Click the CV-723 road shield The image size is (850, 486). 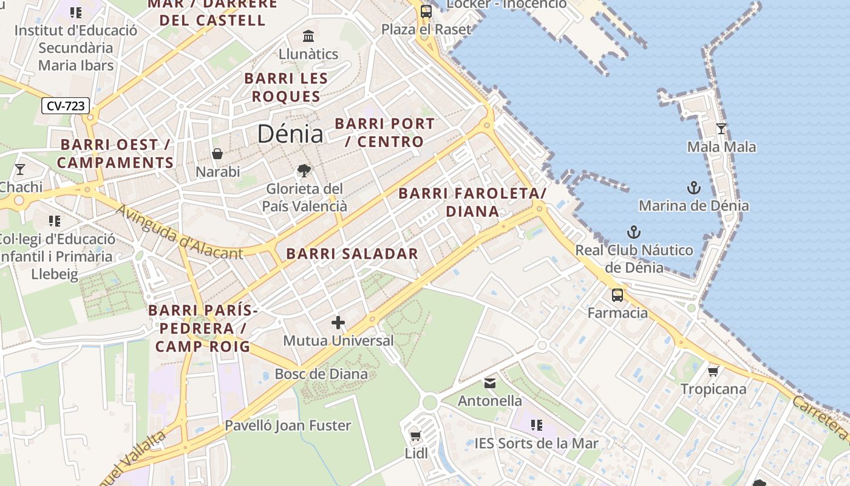pyautogui.click(x=66, y=106)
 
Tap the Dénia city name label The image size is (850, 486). pyautogui.click(x=290, y=134)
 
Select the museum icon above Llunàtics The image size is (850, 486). pyautogui.click(x=308, y=36)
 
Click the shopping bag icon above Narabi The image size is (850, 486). pyautogui.click(x=217, y=154)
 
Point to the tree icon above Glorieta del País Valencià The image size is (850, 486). pyautogui.click(x=304, y=171)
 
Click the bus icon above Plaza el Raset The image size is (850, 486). pyautogui.click(x=426, y=11)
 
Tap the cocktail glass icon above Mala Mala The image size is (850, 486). pyautogui.click(x=721, y=129)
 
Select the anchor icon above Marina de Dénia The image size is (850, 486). pyautogui.click(x=693, y=188)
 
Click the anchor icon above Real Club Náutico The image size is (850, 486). pyautogui.click(x=633, y=232)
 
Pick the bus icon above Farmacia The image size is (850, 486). pyautogui.click(x=617, y=295)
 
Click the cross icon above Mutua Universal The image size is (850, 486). pyautogui.click(x=338, y=323)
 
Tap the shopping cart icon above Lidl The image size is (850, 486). pyautogui.click(x=416, y=435)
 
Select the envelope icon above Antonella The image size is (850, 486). pyautogui.click(x=490, y=383)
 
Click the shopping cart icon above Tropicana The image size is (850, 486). pyautogui.click(x=713, y=371)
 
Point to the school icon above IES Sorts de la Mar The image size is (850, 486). pyautogui.click(x=536, y=425)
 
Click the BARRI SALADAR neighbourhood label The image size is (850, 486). pyautogui.click(x=352, y=254)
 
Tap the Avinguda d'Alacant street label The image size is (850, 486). pyautogui.click(x=178, y=232)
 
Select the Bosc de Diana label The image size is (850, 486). pyautogui.click(x=321, y=374)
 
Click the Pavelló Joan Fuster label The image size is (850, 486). pyautogui.click(x=288, y=425)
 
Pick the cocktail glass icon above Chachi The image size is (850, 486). pyautogui.click(x=20, y=169)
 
